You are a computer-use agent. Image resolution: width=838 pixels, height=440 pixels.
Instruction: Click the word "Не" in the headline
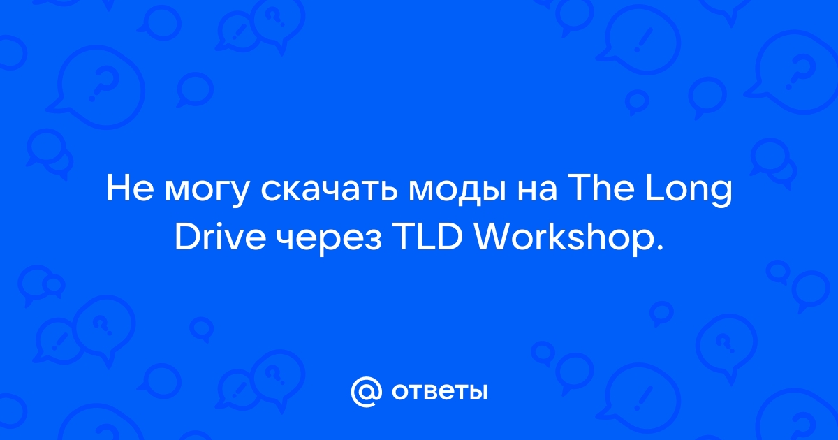click(x=130, y=189)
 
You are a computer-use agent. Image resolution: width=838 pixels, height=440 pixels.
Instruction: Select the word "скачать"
click(x=329, y=191)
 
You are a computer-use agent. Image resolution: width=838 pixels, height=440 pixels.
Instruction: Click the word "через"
click(x=331, y=240)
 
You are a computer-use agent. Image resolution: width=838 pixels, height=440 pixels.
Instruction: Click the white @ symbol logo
click(x=366, y=392)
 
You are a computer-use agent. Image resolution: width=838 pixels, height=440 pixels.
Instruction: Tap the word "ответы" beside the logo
click(x=439, y=392)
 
